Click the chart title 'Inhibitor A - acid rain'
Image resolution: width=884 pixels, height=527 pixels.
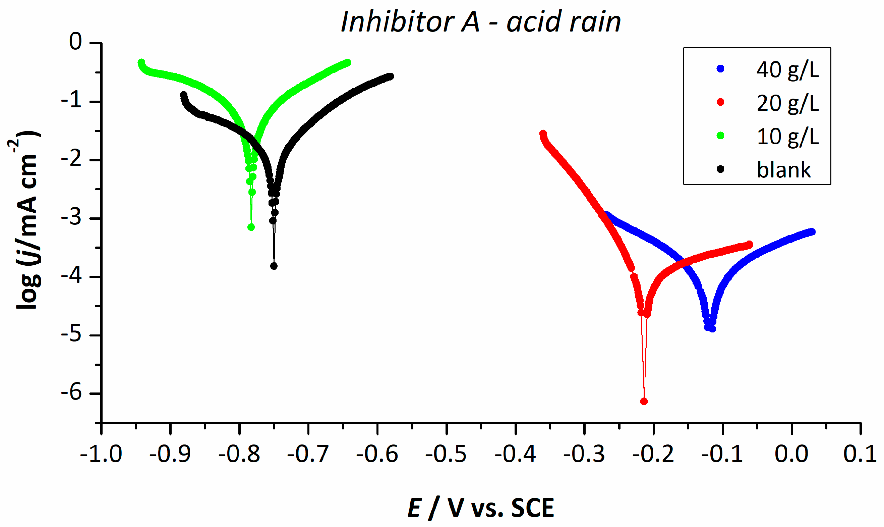coord(480,22)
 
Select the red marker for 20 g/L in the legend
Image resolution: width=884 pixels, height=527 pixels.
coord(720,102)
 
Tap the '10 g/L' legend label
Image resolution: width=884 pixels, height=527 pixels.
coord(787,137)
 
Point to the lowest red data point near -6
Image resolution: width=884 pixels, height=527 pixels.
coord(644,402)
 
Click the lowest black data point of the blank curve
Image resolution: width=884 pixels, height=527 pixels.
coord(274,266)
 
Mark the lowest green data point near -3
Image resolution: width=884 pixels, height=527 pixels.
coord(251,227)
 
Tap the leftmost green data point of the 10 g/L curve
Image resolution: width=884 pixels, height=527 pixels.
coord(141,62)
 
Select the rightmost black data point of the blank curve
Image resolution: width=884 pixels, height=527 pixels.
coord(390,76)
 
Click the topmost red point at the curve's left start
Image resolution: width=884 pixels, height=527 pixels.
coord(543,134)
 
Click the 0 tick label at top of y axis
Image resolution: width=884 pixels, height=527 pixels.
coord(75,42)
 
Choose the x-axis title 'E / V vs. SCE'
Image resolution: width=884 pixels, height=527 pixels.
coord(480,508)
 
